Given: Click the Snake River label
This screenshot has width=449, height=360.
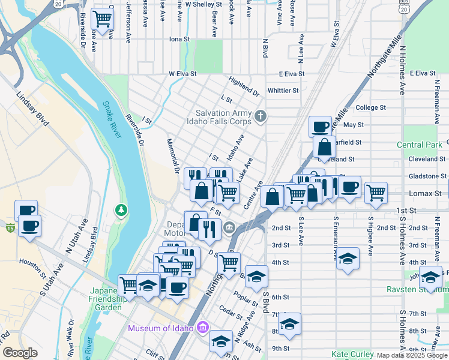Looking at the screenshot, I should tap(112, 119).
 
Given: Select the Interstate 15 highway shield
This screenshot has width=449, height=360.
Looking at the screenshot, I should tap(9, 227).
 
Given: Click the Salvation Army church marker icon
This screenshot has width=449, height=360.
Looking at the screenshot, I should tap(260, 115).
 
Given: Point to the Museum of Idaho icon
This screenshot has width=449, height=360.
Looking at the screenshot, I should tap(203, 328).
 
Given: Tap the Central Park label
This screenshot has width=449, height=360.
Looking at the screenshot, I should tap(419, 145).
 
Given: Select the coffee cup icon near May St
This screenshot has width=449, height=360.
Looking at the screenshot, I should tap(321, 126).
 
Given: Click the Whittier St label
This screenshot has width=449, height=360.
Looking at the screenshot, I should tap(283, 91).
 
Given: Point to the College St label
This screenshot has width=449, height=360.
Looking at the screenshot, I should tap(370, 107).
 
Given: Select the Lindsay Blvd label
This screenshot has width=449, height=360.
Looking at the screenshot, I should tap(32, 109).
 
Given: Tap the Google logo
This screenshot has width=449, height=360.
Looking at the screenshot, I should tap(20, 353).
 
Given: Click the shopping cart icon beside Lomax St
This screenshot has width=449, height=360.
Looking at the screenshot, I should tap(376, 193).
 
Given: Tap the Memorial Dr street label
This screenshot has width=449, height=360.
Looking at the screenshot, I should tap(173, 156).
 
